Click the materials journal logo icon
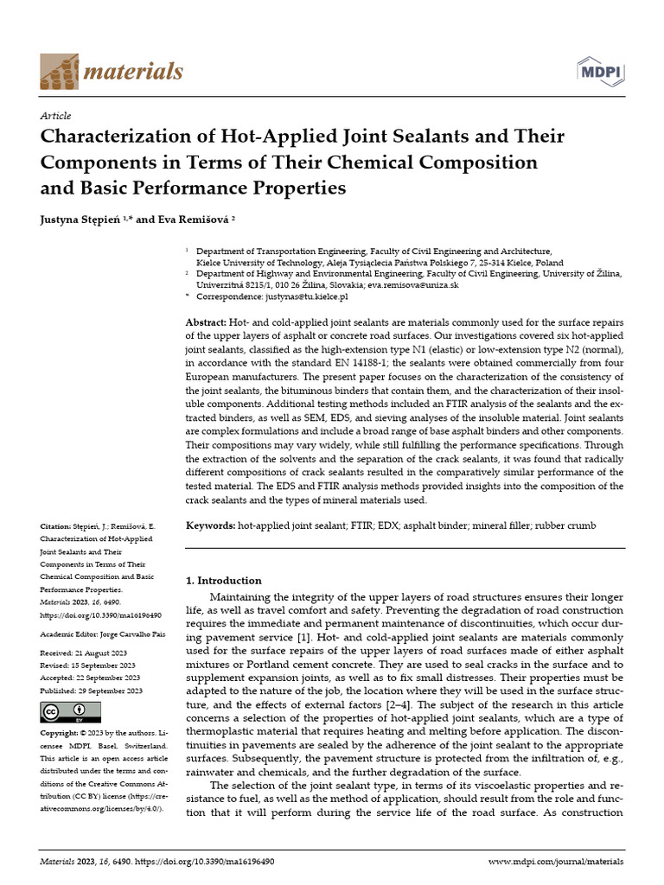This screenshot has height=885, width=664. point(58,71)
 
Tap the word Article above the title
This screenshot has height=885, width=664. point(56,116)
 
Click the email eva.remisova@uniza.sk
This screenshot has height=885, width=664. point(412,284)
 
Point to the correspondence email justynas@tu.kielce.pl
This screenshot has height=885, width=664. point(307,296)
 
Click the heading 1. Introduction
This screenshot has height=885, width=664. point(224,581)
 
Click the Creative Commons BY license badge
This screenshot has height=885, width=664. point(71,712)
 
